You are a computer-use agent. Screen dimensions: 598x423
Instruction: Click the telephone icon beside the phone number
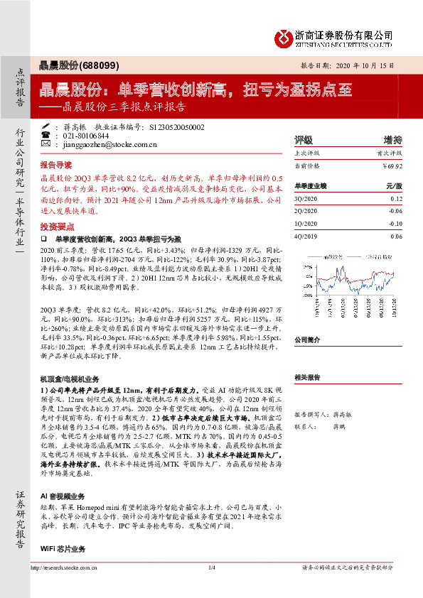[x=46, y=135]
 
